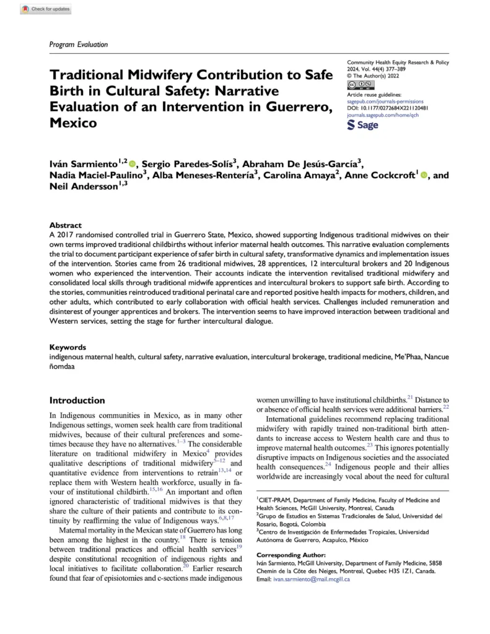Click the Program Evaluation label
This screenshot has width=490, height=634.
pos(78,45)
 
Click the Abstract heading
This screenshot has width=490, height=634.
pos(65,226)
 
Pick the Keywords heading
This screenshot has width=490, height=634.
pos(68,348)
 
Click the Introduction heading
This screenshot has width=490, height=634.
pos(77,401)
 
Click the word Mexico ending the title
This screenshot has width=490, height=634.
pos(72,123)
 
